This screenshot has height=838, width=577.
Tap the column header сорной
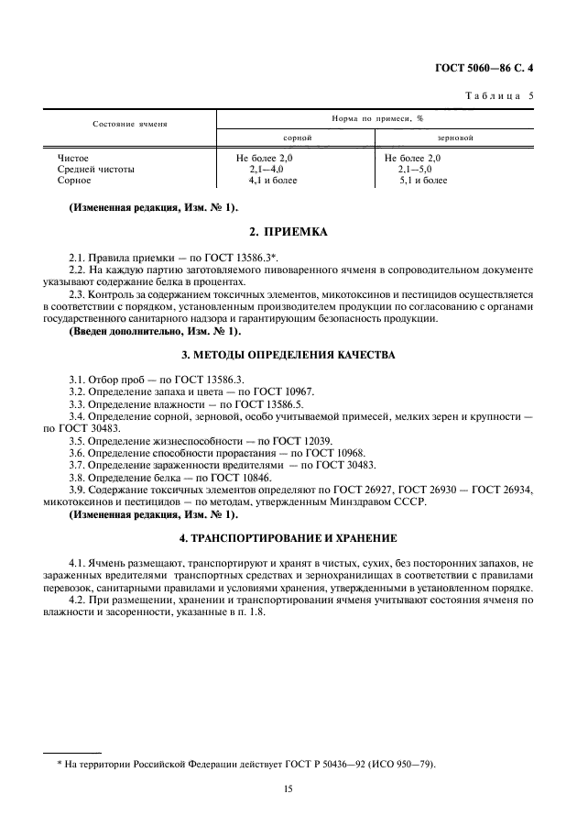296,137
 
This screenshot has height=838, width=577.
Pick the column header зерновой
455,137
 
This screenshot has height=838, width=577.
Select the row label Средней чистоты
95,170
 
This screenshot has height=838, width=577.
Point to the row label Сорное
74,181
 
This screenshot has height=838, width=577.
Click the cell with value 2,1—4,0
267,170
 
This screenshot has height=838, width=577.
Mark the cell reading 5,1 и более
423,181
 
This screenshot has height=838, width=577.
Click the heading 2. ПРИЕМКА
288,232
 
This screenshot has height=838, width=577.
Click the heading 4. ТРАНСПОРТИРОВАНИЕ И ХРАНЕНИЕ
288,536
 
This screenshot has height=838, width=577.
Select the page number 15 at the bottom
288,787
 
